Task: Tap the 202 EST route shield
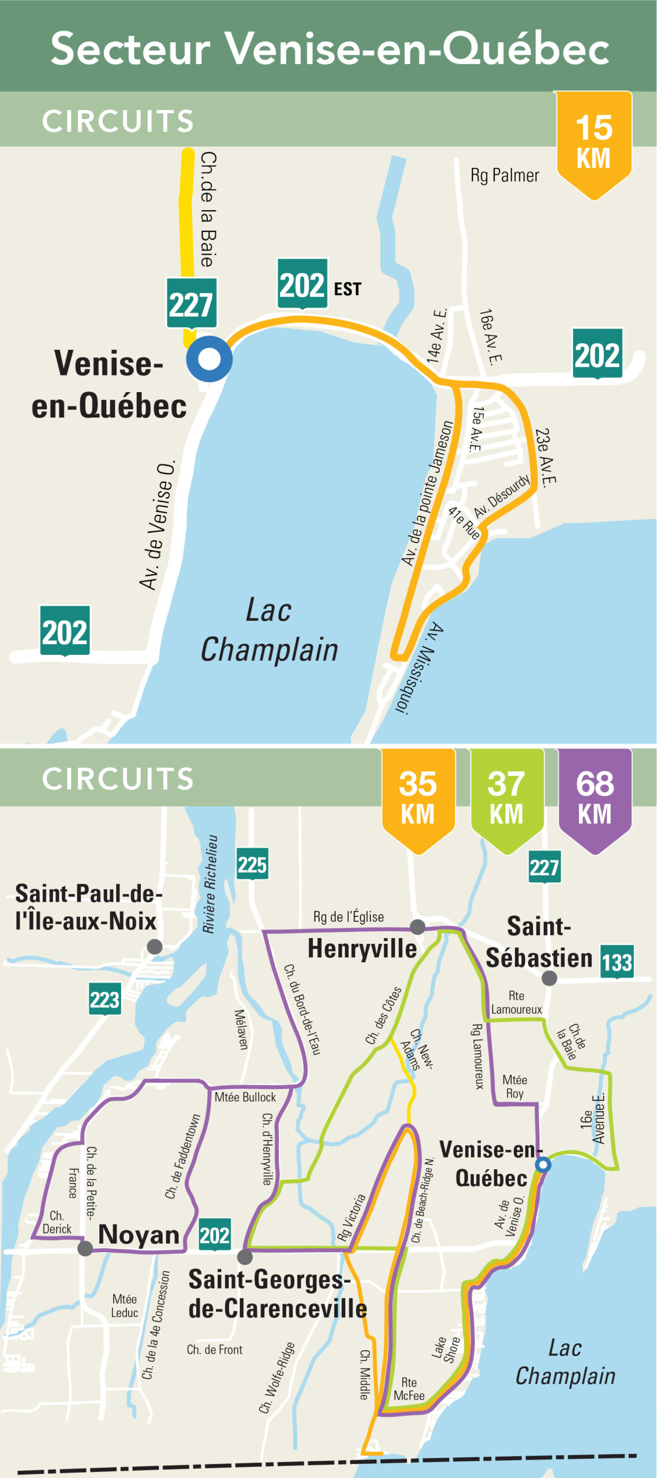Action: [303, 285]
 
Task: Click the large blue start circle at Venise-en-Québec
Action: [209, 359]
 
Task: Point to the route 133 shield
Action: [617, 962]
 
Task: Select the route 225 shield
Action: [252, 864]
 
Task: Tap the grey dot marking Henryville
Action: [417, 927]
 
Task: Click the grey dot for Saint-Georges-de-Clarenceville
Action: [245, 1257]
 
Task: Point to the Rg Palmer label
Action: [505, 176]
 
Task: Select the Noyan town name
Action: [139, 1235]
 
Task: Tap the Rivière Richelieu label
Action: [210, 884]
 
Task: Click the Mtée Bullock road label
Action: [245, 1097]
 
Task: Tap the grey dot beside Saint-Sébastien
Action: [550, 978]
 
